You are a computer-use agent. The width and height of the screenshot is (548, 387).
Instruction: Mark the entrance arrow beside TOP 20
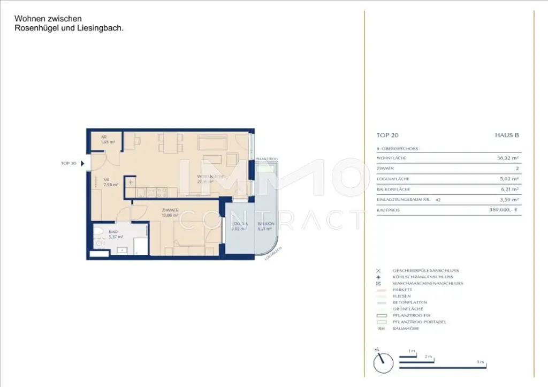pyautogui.click(x=82, y=163)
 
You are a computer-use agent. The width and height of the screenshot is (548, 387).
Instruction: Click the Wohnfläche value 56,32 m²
pyautogui.click(x=508, y=158)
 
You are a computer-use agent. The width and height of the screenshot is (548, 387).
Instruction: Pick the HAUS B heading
pyautogui.click(x=507, y=135)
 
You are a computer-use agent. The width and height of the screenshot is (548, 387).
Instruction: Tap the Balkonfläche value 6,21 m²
pyautogui.click(x=510, y=189)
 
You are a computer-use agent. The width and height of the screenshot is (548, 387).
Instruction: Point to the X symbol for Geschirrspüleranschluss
pyautogui.click(x=379, y=271)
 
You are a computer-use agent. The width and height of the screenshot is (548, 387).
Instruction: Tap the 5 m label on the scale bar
pyautogui.click(x=481, y=362)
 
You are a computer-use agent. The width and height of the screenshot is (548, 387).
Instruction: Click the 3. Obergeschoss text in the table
pyautogui.click(x=398, y=148)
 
